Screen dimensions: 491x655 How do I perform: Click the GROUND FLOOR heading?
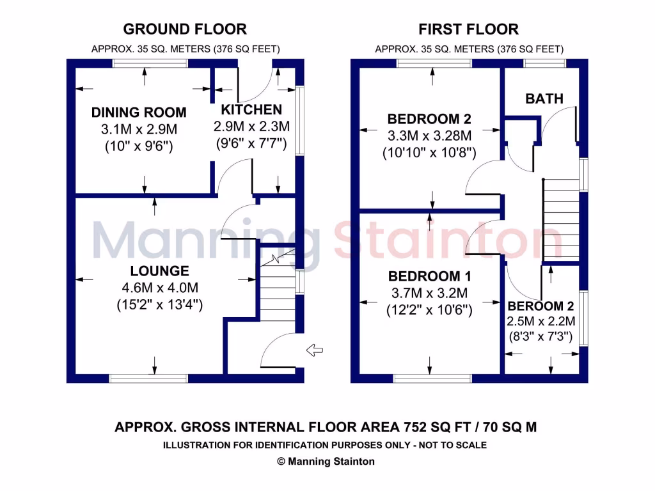tap(185, 29)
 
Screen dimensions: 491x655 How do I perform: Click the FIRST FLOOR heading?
tap(468, 29)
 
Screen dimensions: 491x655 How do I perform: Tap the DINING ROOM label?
tap(139, 113)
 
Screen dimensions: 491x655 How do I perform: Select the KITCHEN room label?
tap(251, 109)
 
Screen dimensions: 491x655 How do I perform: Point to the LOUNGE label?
tap(159, 271)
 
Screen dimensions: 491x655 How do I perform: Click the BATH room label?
tap(544, 98)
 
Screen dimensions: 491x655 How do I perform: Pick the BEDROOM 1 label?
tap(430, 277)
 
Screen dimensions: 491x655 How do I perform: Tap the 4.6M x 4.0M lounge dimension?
tap(159, 288)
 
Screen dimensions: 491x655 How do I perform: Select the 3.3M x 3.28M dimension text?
tap(430, 136)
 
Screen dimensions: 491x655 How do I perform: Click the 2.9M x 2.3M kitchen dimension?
tap(251, 126)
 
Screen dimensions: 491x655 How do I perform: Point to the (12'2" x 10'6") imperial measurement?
tap(430, 310)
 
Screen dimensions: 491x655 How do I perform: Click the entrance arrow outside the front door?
tap(315, 349)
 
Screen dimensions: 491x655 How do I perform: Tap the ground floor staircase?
tap(277, 291)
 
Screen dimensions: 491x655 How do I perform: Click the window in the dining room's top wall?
tap(150, 63)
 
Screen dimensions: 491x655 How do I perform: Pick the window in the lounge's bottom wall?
tap(148, 378)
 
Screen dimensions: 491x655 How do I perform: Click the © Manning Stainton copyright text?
tap(326, 461)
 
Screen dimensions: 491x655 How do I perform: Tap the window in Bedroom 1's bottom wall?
tap(432, 378)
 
